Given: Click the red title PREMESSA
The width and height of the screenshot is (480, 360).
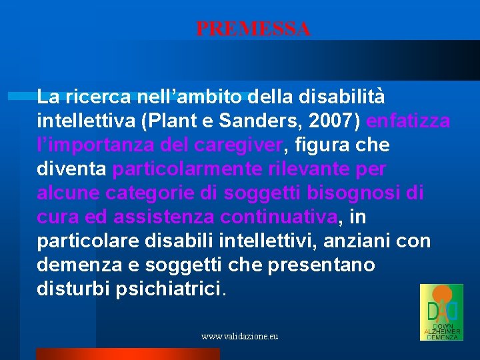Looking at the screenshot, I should (253, 29).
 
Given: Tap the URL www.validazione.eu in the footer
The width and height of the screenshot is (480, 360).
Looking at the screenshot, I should (239, 337).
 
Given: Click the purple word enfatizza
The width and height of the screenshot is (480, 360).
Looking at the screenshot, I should (408, 121).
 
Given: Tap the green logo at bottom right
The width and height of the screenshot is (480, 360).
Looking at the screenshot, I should (441, 312).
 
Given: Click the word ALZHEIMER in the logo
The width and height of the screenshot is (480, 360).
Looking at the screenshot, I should (441, 331).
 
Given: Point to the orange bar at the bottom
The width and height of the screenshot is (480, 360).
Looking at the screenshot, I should (127, 354).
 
